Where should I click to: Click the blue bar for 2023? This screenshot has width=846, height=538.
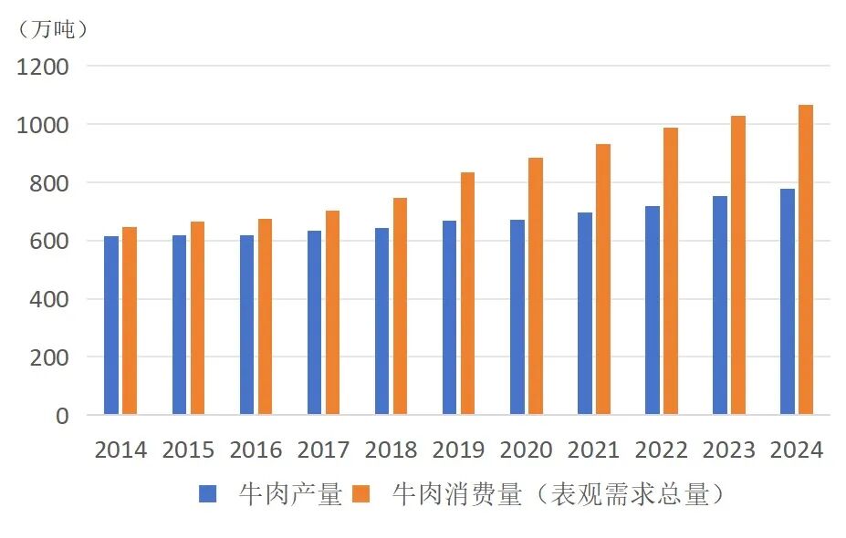coord(720,305)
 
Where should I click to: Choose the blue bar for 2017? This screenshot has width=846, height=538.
coord(314,323)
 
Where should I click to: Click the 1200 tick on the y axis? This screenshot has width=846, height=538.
coord(43,67)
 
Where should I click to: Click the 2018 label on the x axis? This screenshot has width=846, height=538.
coord(391,450)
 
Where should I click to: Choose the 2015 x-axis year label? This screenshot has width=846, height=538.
coord(188,450)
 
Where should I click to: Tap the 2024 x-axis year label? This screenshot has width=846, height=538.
coord(796,450)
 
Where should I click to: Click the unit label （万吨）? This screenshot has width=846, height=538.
coord(53,29)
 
